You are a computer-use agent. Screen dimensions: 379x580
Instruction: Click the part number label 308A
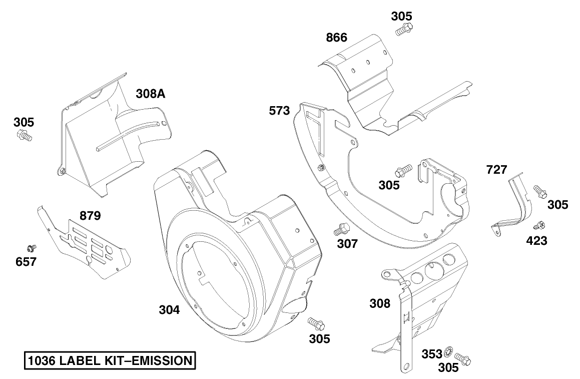point(150,94)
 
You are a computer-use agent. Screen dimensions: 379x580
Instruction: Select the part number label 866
point(336,38)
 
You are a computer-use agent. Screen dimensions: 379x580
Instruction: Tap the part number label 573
point(279,111)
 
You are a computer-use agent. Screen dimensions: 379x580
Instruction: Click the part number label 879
point(90,216)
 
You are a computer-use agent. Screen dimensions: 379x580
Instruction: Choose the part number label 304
point(169,310)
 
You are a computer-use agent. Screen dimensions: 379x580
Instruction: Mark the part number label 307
point(347,244)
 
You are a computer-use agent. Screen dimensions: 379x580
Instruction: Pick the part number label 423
point(536,241)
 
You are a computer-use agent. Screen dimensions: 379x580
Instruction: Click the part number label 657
point(26,261)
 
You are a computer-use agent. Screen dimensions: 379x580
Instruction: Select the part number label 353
point(432,354)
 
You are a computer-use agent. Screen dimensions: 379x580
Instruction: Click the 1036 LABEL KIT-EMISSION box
point(110,360)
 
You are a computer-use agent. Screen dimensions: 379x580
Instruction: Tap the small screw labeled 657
point(32,247)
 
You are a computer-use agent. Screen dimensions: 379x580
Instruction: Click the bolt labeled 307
point(340,230)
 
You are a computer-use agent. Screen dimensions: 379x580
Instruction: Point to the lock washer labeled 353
point(448,354)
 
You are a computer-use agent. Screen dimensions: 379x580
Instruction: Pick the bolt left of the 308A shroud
point(25,135)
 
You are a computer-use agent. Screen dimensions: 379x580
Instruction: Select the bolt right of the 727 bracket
point(539,191)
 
